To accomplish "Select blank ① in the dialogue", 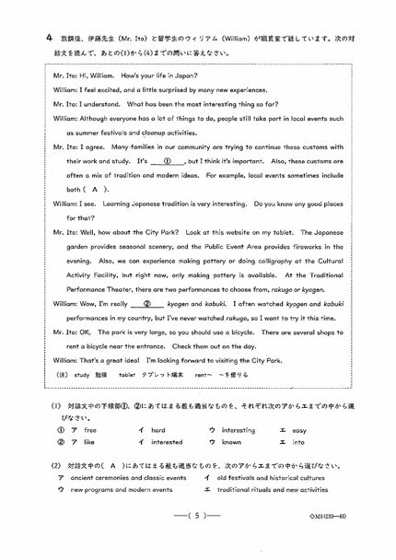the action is point(168,159).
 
